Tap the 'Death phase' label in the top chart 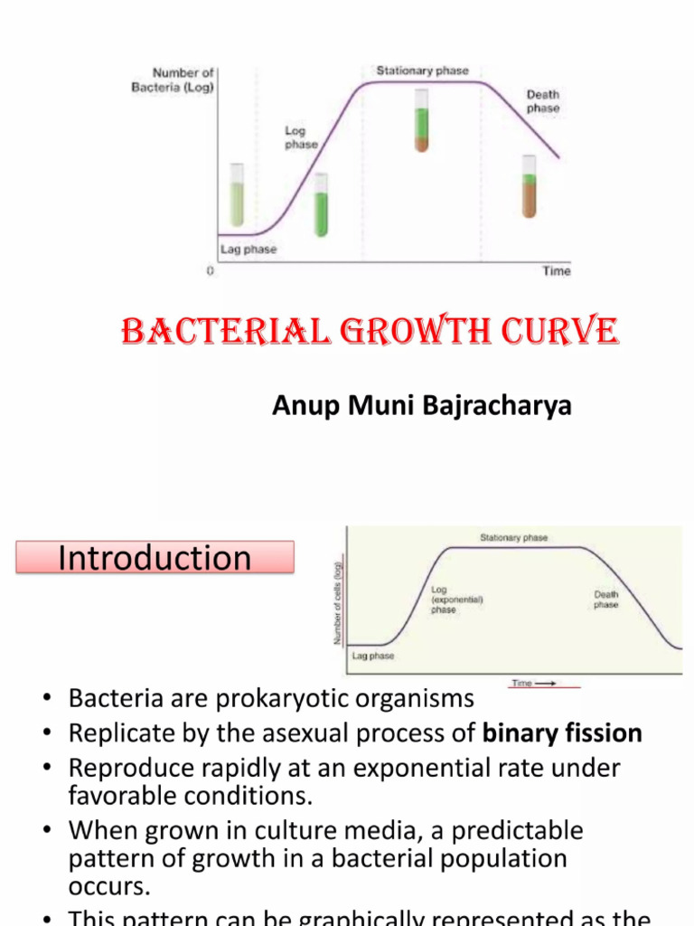542,101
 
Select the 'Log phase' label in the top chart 301,137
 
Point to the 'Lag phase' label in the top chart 249,249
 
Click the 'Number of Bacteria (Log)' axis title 183,80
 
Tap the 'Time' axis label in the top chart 556,271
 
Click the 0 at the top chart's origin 211,271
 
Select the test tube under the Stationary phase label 422,119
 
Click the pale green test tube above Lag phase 237,194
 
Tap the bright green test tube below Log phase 321,214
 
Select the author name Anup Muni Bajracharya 422,406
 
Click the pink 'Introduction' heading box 155,557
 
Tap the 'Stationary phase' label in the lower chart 513,538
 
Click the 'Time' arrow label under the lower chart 533,684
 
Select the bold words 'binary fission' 562,733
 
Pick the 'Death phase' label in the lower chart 605,600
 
